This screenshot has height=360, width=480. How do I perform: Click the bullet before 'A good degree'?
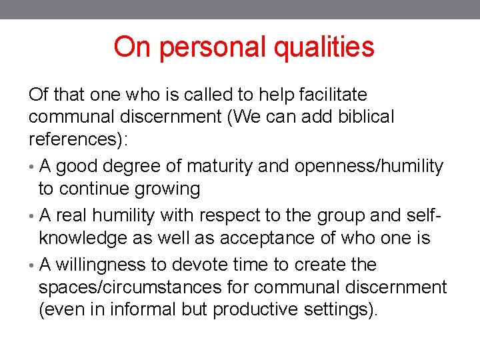pos(32,167)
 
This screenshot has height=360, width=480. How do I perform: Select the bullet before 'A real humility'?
pos(32,215)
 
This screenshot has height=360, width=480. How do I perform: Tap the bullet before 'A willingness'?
pos(32,265)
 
